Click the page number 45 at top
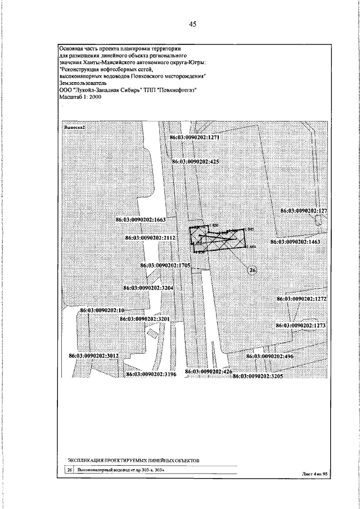(x=192, y=24)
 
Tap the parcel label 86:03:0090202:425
(x=195, y=161)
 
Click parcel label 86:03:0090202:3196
(x=151, y=374)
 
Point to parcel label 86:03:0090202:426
(x=209, y=372)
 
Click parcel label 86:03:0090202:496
(x=270, y=356)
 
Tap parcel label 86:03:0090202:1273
(x=301, y=326)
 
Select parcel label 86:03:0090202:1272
(x=301, y=298)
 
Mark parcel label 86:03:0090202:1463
(x=295, y=241)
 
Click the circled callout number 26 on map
(x=253, y=271)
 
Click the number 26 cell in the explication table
(x=70, y=469)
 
